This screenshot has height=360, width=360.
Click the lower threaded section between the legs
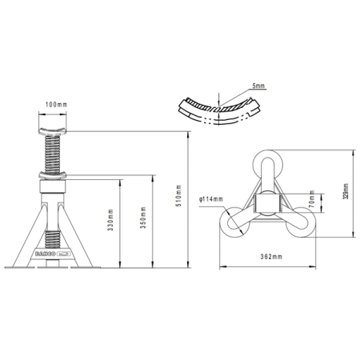(54, 237)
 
